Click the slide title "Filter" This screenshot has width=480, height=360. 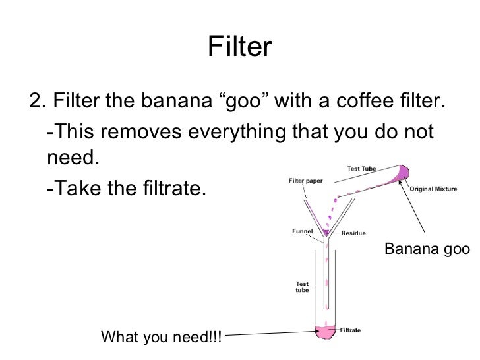(240, 47)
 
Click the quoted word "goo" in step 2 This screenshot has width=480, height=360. (243, 103)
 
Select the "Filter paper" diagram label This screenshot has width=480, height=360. (306, 181)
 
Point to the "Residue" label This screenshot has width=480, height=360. (354, 233)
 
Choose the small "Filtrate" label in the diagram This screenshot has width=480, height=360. (349, 330)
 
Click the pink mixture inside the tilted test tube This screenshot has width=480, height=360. (400, 172)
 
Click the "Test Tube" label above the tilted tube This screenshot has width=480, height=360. (361, 169)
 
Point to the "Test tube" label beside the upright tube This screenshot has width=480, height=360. (301, 287)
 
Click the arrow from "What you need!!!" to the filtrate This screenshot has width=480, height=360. (270, 334)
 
